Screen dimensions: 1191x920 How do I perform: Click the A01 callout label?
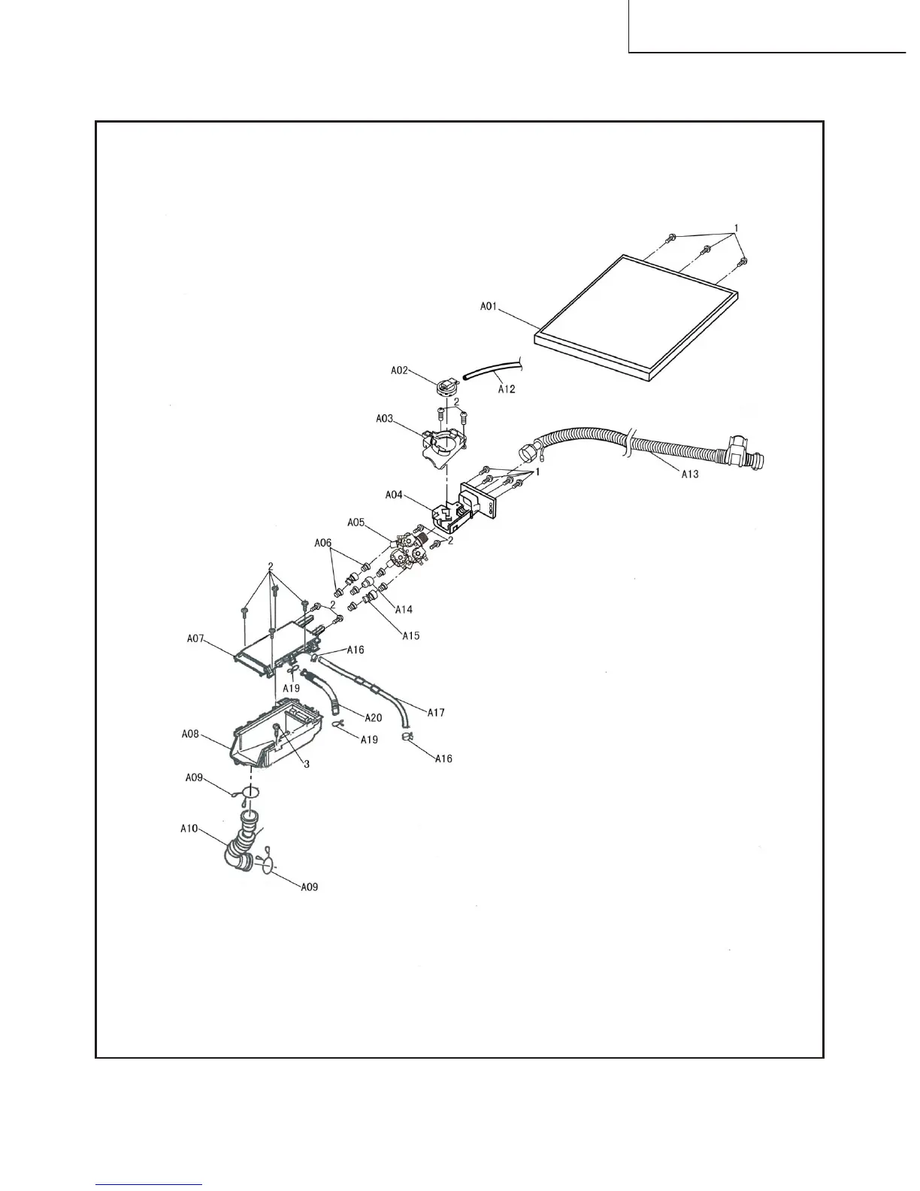490,307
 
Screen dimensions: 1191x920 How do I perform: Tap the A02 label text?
400,370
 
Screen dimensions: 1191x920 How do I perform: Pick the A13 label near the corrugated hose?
691,474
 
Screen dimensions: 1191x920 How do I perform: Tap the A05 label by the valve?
356,522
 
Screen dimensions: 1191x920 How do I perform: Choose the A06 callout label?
322,542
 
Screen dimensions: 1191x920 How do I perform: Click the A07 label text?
196,639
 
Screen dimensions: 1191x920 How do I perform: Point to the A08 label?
191,734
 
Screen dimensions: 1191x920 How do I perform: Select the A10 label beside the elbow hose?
189,829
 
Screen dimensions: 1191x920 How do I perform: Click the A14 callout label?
403,610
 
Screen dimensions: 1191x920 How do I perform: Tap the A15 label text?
410,635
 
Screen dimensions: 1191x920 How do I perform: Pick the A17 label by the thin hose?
436,712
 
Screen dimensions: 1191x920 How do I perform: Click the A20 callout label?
373,717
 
